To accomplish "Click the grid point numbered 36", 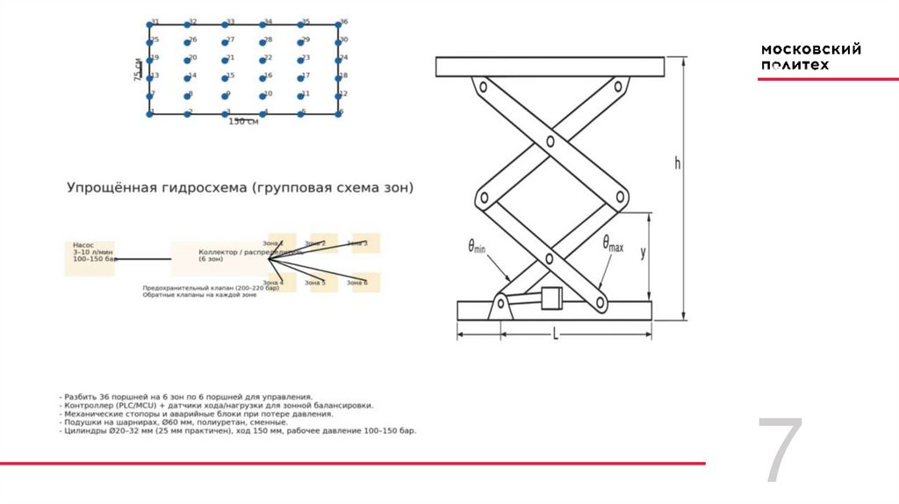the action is click(338, 25).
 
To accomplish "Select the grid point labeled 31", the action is click(150, 25).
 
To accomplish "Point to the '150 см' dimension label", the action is click(243, 121).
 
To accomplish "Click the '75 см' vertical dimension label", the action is click(138, 69).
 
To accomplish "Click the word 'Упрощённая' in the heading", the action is click(111, 188).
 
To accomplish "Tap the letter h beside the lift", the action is click(677, 162).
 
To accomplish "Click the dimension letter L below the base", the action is click(555, 334).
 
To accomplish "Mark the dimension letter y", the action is click(643, 252).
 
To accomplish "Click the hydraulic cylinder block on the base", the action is click(552, 299).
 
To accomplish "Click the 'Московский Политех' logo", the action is click(810, 57).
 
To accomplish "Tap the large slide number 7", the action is click(780, 451).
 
